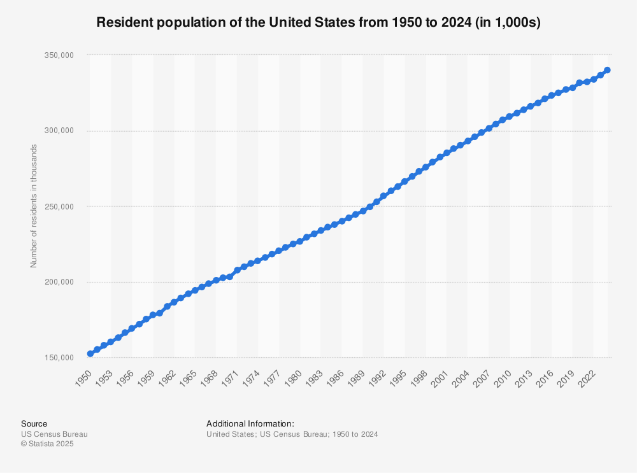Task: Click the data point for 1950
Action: pos(90,353)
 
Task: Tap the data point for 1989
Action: pos(363,211)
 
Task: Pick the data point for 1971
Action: pos(237,270)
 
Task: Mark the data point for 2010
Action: pos(510,116)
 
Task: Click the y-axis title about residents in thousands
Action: pos(34,206)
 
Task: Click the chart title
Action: pos(318,22)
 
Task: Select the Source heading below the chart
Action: pos(34,423)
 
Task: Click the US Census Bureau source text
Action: pos(54,434)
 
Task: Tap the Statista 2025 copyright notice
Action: pos(47,444)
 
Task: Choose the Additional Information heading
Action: pos(250,423)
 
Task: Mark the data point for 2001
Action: pos(447,153)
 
